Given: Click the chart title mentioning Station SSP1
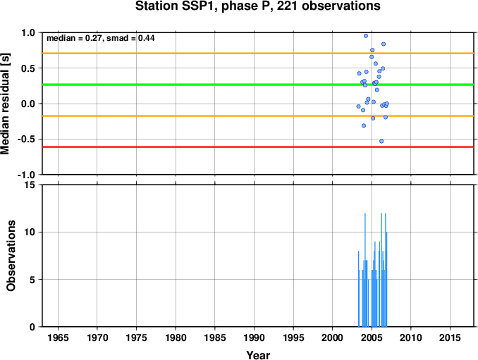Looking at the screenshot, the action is (257, 6).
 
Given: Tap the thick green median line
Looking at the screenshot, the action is (258, 85).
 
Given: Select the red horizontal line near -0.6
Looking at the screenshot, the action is (258, 147).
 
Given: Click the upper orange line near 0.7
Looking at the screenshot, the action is (258, 54).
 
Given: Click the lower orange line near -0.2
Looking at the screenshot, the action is (258, 116).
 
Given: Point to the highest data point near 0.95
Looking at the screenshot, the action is (366, 36).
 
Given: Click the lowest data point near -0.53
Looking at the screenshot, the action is (381, 142).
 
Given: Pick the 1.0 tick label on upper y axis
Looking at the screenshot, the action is (29, 32).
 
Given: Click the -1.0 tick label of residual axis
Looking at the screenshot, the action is (27, 175).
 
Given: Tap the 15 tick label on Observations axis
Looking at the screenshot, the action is (30, 185).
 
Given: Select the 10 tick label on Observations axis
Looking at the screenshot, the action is (30, 232).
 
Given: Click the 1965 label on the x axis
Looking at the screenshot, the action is (59, 337).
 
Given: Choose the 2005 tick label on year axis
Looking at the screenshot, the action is (372, 337).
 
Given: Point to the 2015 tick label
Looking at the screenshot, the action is (451, 337).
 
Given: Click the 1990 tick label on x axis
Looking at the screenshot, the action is (255, 337).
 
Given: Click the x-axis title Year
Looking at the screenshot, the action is (258, 355).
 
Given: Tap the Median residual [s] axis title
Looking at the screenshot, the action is (5, 104).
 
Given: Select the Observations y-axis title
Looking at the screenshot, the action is (11, 256).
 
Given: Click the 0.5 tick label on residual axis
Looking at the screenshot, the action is (29, 68).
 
